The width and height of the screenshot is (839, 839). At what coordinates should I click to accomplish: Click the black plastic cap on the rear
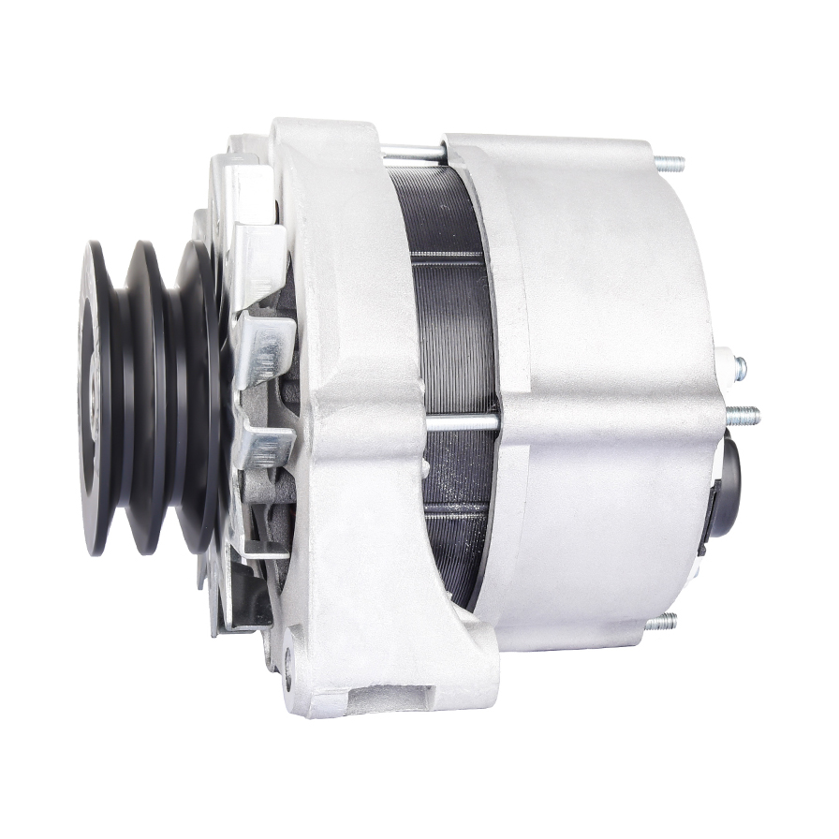725,486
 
